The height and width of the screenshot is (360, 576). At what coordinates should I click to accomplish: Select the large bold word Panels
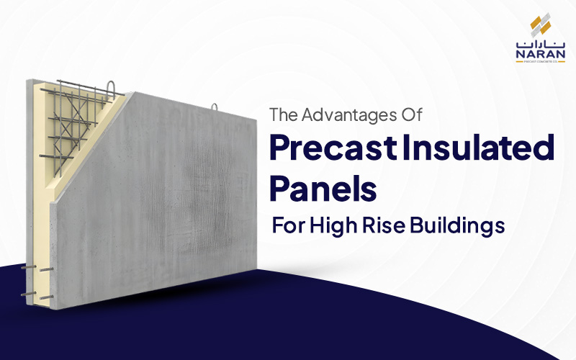pyautogui.click(x=323, y=189)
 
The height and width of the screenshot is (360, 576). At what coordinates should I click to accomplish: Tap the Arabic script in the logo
pyautogui.click(x=535, y=41)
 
